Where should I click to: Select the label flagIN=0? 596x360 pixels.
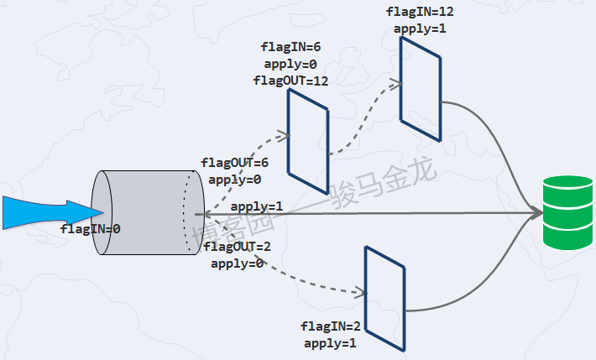(x=91, y=228)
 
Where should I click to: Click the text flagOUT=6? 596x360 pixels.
(x=235, y=163)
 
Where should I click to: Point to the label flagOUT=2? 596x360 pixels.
(x=238, y=247)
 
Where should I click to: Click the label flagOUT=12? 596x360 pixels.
(x=290, y=81)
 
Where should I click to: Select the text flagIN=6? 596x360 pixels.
(x=290, y=48)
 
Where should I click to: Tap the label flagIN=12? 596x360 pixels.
(x=421, y=12)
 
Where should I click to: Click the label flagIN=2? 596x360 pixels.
(x=330, y=326)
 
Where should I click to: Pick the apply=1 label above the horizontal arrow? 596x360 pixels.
(x=257, y=206)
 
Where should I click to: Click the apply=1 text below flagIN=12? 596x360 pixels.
(x=421, y=28)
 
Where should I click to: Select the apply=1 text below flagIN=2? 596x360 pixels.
(x=330, y=342)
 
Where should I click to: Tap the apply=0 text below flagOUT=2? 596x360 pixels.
(x=238, y=263)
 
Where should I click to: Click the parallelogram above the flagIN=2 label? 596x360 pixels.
(x=384, y=298)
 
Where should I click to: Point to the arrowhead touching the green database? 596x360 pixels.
(x=536, y=213)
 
